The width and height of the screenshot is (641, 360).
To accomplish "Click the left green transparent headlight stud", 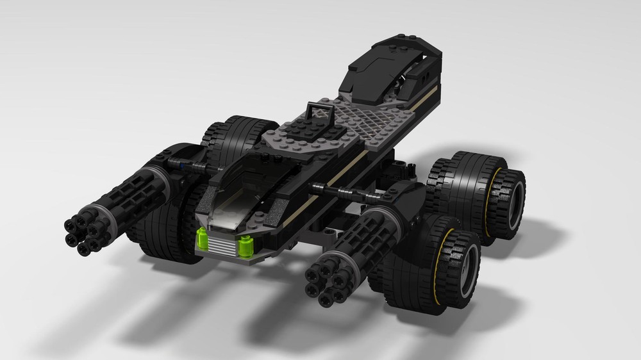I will [x=202, y=236].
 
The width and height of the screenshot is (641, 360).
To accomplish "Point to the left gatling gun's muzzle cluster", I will [x=84, y=231].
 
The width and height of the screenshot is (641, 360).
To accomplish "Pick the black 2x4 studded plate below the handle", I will [x=301, y=128].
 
